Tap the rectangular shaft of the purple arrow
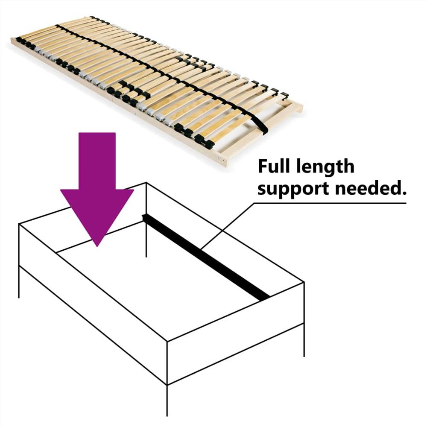[97, 160]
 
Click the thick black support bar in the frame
[205, 257]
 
